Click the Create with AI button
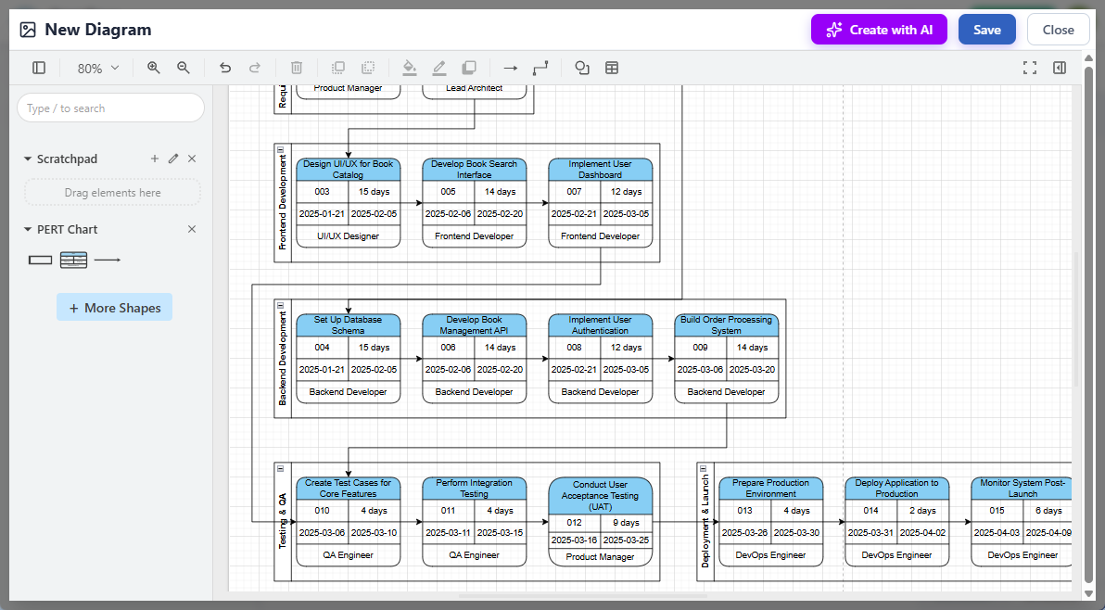pyautogui.click(x=879, y=30)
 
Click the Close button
pyautogui.click(x=1058, y=30)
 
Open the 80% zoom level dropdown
pyautogui.click(x=98, y=68)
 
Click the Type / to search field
pyautogui.click(x=110, y=108)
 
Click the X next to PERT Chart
pyautogui.click(x=192, y=229)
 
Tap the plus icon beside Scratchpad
pyautogui.click(x=155, y=159)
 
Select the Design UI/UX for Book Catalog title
pyautogui.click(x=349, y=170)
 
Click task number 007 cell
pyautogui.click(x=575, y=192)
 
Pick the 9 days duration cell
pyautogui.click(x=627, y=523)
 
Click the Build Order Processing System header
pyautogui.click(x=727, y=325)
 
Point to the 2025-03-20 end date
pyautogui.click(x=753, y=369)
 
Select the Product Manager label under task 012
pyautogui.click(x=601, y=557)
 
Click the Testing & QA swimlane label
pyautogui.click(x=283, y=521)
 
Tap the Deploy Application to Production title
pyautogui.click(x=897, y=489)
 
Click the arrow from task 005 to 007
pyautogui.click(x=538, y=202)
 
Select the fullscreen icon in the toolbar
pyautogui.click(x=1029, y=68)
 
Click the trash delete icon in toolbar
pyautogui.click(x=297, y=68)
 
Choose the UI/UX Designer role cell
pyautogui.click(x=349, y=236)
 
